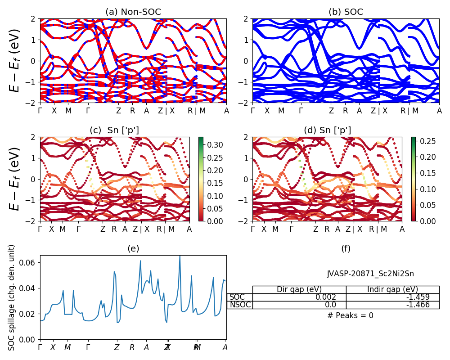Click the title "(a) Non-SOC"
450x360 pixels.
(x=133, y=12)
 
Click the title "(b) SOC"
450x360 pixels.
(x=346, y=12)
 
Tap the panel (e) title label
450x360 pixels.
(x=133, y=248)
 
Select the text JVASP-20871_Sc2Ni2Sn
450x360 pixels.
(x=370, y=274)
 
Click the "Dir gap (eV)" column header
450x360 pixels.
(x=299, y=289)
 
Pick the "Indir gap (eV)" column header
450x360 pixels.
(x=392, y=289)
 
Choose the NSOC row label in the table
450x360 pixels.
(x=240, y=305)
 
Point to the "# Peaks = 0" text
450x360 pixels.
(x=350, y=315)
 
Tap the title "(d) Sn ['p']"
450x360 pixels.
(x=328, y=130)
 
